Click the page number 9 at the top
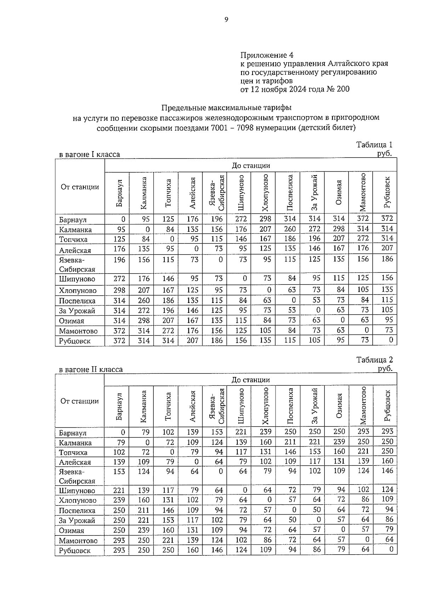[226, 20]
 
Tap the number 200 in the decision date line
[342, 89]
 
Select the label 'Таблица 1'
[374, 145]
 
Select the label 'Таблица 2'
[374, 360]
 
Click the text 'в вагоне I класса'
[89, 155]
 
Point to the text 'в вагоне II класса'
[91, 370]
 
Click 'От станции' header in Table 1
[80, 187]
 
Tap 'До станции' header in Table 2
[250, 380]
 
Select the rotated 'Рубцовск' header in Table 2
[387, 406]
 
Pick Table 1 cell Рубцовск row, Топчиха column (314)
[168, 340]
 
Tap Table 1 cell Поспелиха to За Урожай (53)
[316, 300]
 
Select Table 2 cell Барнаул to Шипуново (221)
[243, 432]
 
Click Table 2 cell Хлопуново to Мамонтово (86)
[365, 499]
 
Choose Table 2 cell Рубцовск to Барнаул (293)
[119, 550]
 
